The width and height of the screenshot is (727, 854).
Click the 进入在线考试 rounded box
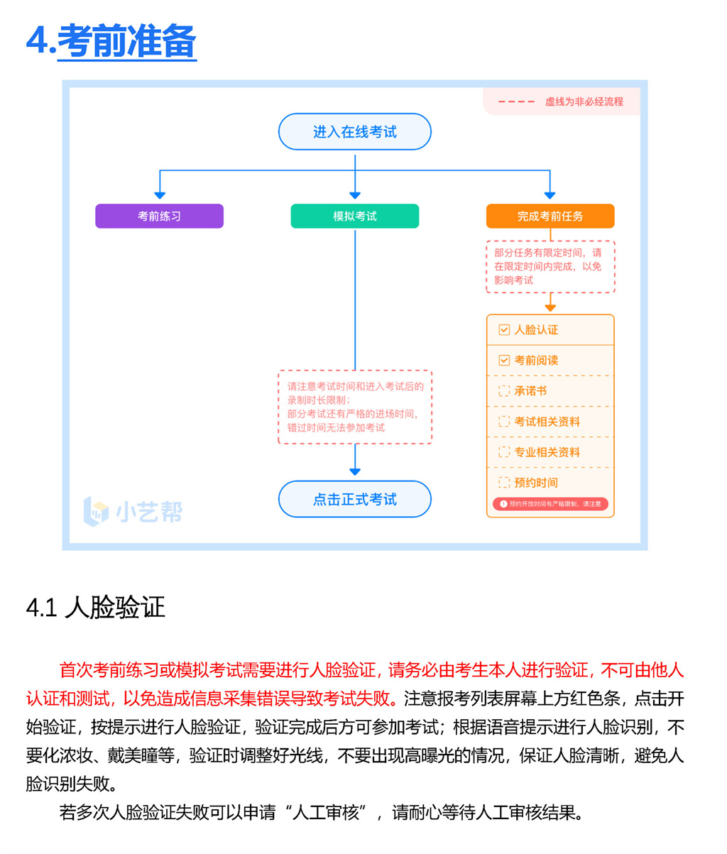tap(354, 132)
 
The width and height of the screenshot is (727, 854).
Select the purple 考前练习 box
tap(159, 216)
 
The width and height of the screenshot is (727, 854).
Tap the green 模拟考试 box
tap(354, 216)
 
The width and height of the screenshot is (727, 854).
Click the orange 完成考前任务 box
tap(550, 216)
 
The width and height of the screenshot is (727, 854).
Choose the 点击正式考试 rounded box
tap(354, 499)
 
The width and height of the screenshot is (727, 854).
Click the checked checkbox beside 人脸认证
tap(504, 330)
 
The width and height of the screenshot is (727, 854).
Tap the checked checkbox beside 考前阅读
tap(504, 361)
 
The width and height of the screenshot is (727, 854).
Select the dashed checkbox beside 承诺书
tap(504, 391)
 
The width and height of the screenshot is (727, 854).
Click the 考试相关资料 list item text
tap(547, 422)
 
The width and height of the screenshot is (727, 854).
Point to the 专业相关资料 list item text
tap(547, 452)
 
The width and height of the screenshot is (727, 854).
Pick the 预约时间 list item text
tap(536, 483)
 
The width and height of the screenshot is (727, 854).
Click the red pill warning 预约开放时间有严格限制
tap(550, 504)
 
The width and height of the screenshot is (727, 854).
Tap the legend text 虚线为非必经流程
tap(584, 102)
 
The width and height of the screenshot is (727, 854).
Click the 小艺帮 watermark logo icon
tap(97, 512)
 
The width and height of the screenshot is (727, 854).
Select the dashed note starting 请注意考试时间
tap(354, 407)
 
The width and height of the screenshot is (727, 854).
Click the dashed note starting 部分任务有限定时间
tap(550, 266)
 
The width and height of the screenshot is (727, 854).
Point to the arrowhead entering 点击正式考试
tap(355, 471)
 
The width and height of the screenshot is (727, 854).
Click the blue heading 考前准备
tap(126, 41)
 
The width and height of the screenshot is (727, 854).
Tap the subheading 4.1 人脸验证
tap(95, 608)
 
